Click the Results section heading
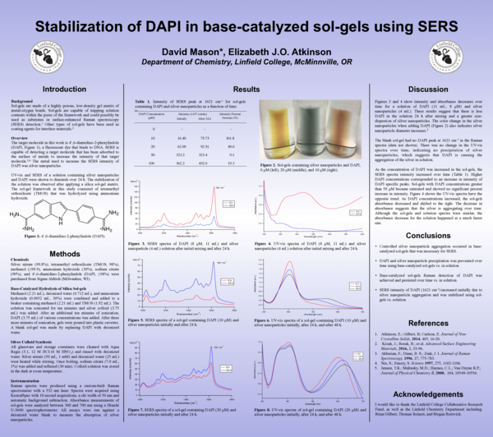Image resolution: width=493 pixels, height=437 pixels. tap(246, 88)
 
